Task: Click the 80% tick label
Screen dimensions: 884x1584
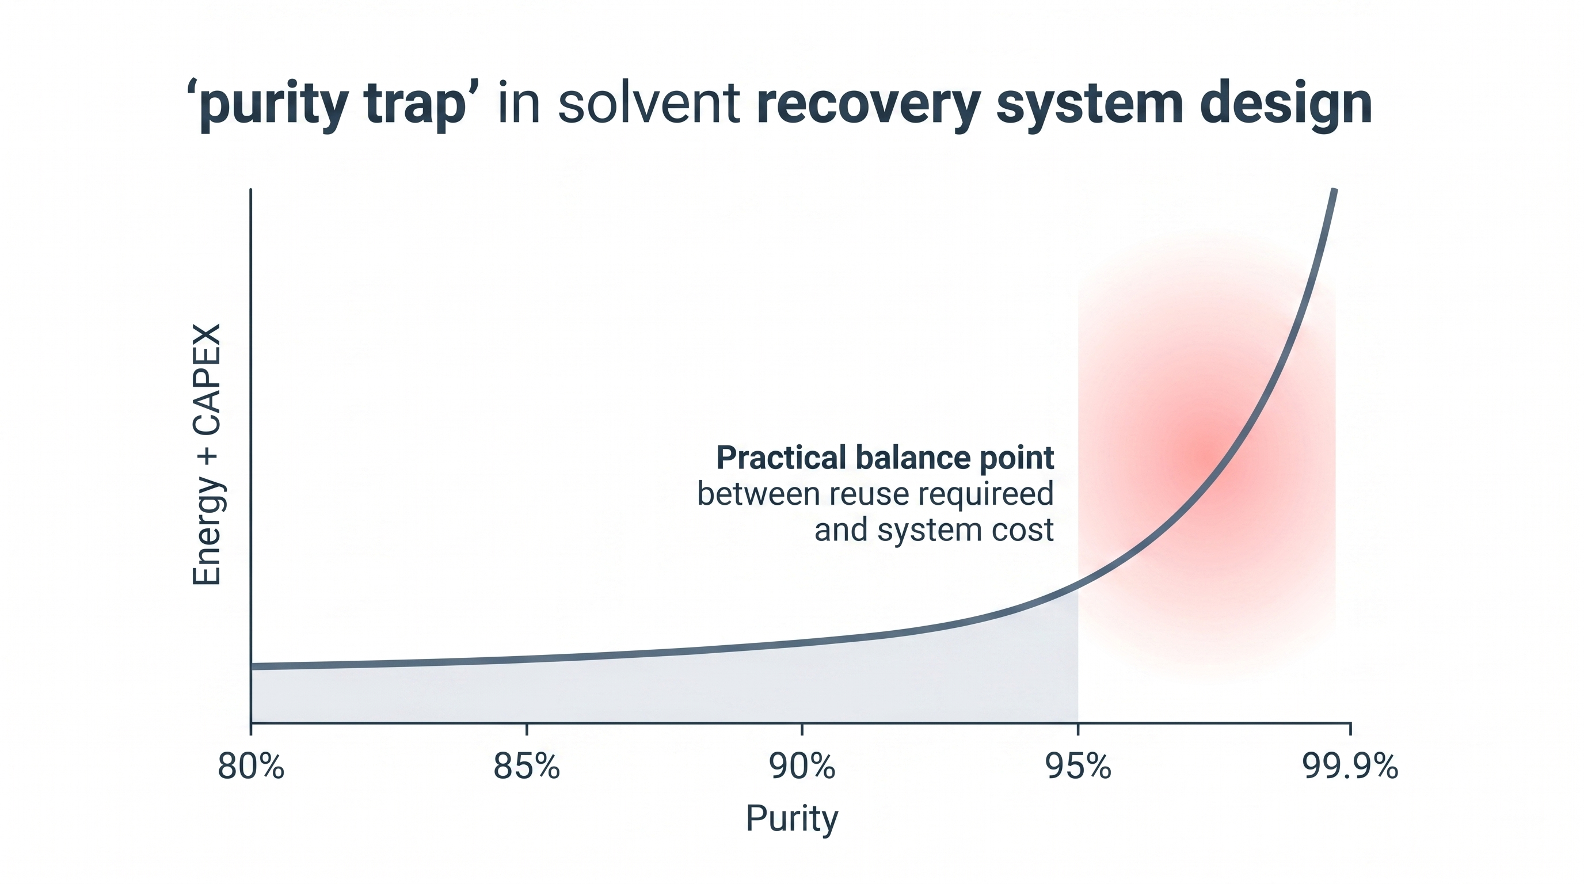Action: (251, 767)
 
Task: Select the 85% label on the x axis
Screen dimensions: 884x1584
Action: (526, 767)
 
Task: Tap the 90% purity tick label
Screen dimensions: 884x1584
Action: (802, 767)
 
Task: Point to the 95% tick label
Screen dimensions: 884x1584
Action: (1078, 767)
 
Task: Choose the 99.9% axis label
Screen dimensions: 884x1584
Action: (1350, 767)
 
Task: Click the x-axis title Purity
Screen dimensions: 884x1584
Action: (792, 818)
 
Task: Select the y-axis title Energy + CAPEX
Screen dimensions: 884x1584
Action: (207, 455)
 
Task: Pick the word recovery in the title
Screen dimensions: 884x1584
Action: (867, 105)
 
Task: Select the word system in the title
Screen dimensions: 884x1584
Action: (1089, 105)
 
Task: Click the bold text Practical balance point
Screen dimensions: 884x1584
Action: (885, 458)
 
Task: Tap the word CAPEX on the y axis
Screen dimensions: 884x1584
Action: (207, 379)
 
